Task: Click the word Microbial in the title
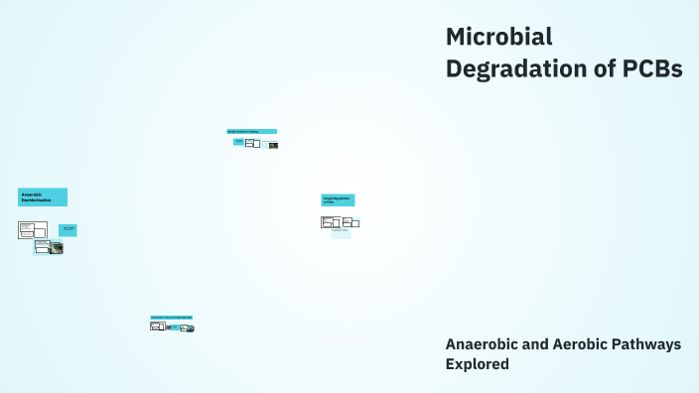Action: pos(498,37)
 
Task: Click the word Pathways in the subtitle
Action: pos(650,343)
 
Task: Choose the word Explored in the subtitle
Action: pos(478,364)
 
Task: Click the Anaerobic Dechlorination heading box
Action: pos(43,196)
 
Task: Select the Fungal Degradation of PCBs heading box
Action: pos(338,199)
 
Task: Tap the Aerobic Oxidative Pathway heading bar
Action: pos(251,131)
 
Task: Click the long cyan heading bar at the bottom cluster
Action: pos(171,318)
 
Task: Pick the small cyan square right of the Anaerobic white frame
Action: pos(68,230)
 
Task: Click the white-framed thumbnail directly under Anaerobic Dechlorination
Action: pos(33,230)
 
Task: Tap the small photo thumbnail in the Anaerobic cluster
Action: pos(57,248)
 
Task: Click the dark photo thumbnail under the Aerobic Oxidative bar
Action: pos(273,145)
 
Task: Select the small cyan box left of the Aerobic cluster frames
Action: pos(238,142)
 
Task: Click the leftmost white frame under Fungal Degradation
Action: pos(330,222)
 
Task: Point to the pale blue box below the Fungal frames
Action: pos(341,234)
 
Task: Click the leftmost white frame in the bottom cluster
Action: pos(156,326)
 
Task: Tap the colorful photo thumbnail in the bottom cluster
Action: pos(188,327)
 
